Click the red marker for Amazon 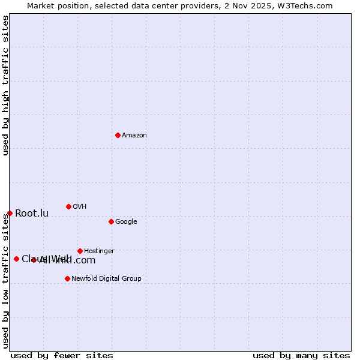[118, 135]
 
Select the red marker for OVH [68, 206]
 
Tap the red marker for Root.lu [10, 213]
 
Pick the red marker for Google [111, 221]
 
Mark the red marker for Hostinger [80, 251]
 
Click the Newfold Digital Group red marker [67, 278]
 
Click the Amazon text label [134, 136]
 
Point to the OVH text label [80, 207]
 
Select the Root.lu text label [32, 214]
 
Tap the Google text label [126, 222]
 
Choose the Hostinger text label [99, 251]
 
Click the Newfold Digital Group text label [106, 279]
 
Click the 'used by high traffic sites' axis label [5, 85]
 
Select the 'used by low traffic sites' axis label [5, 281]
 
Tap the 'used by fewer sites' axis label [62, 355]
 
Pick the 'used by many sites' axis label [301, 355]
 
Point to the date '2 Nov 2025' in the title [251, 5]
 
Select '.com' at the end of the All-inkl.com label [84, 260]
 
